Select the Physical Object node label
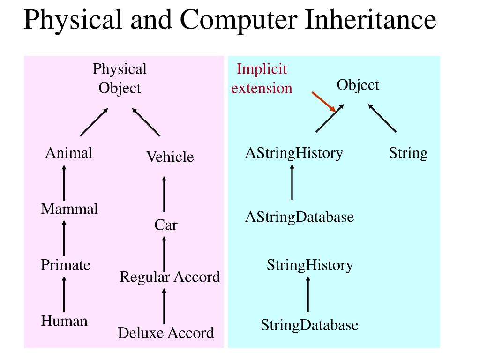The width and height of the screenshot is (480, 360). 120,78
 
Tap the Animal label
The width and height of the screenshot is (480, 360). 68,153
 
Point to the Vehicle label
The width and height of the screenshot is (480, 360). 170,157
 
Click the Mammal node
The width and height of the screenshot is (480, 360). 69,209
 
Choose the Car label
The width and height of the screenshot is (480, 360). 166,225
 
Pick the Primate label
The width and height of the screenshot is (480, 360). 65,265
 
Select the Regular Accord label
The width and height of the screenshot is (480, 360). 170,277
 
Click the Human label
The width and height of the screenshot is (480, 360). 64,321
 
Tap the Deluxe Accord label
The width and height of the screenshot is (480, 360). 166,333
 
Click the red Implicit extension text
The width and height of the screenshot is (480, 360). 262,78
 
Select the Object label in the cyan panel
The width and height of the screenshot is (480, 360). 358,85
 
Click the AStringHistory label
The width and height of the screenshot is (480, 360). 294,153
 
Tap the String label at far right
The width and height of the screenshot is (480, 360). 408,153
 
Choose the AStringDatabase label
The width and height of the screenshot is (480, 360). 300,217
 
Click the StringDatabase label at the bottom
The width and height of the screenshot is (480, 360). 309,325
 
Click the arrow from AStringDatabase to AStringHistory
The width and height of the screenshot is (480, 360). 292,183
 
